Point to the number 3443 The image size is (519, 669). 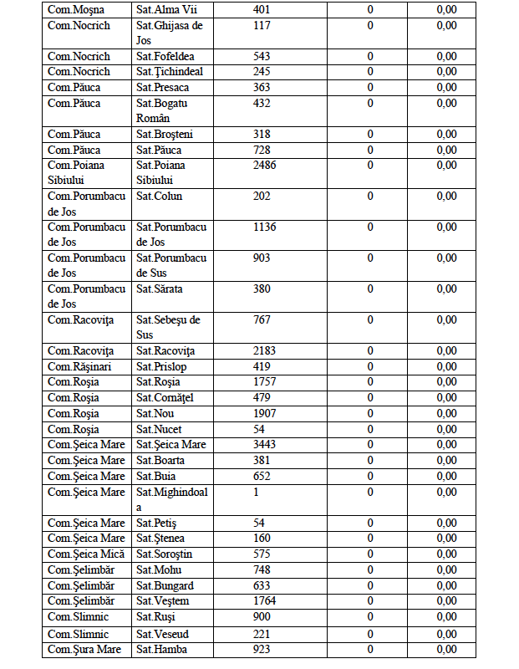tap(265, 444)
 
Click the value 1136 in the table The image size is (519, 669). tap(265, 227)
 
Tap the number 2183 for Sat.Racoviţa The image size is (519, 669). tap(265, 351)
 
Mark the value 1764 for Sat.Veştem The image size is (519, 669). tap(265, 600)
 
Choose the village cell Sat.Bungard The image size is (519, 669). tap(165, 585)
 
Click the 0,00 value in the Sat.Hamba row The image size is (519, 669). tap(446, 649)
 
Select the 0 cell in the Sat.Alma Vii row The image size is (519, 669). tap(370, 9)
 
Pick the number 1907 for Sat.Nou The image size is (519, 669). tap(265, 413)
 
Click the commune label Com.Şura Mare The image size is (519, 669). tap(84, 649)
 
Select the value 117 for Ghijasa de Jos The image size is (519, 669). tap(262, 25)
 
